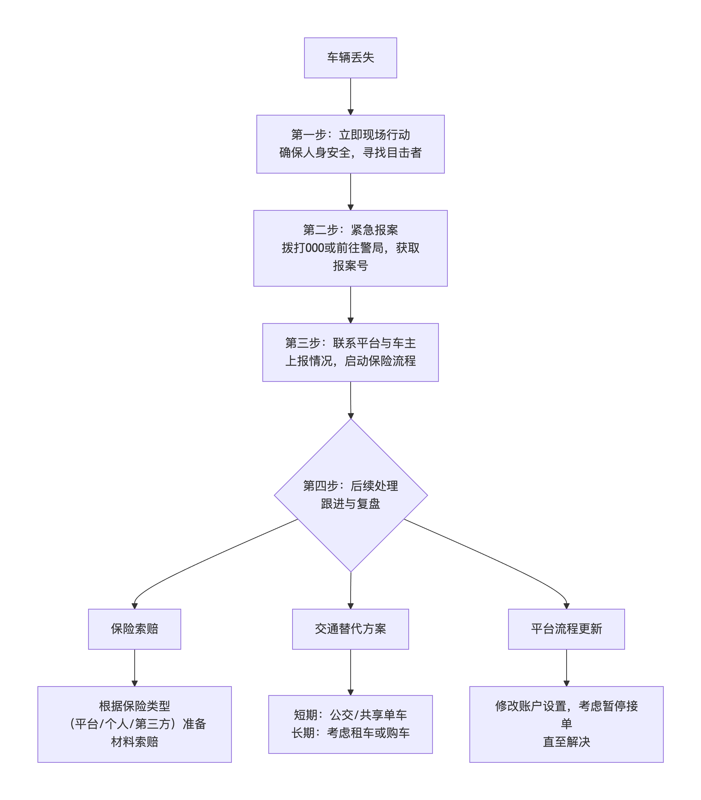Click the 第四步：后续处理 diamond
(x=350, y=495)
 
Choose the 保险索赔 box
(x=134, y=629)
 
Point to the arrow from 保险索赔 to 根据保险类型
(x=134, y=668)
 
